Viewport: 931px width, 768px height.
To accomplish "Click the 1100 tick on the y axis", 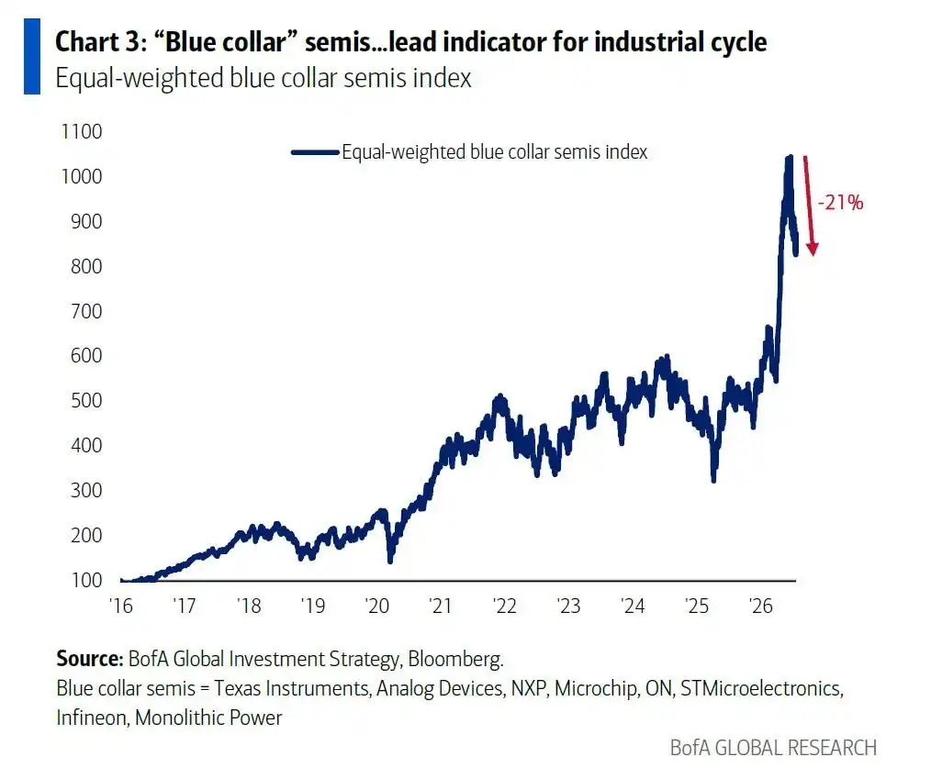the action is [82, 132].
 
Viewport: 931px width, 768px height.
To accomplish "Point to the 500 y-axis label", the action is [86, 401].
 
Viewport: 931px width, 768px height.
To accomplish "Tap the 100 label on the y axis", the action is [86, 580].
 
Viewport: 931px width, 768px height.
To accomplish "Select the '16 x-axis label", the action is [121, 606].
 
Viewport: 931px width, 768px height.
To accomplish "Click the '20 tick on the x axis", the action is [377, 606].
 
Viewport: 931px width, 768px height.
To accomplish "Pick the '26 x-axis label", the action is [760, 606].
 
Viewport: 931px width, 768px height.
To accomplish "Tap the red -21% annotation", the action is [840, 203].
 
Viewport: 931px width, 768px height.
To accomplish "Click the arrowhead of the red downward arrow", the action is [813, 250].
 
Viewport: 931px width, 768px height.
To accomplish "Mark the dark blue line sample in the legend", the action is [315, 152].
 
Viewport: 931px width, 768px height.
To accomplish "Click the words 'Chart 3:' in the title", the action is [100, 42].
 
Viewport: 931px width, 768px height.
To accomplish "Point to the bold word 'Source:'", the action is [90, 659].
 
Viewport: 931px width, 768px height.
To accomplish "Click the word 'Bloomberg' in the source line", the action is [454, 660].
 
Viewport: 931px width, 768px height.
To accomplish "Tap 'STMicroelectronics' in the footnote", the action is [760, 688].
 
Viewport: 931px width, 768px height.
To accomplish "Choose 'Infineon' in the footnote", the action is [92, 718].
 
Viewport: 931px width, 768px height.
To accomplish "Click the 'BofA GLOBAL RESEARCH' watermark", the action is [773, 748].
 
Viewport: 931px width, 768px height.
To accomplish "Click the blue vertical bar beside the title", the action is [32, 56].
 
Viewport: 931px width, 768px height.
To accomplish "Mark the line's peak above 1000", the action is [789, 157].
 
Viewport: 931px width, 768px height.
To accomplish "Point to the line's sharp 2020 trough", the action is [390, 561].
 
